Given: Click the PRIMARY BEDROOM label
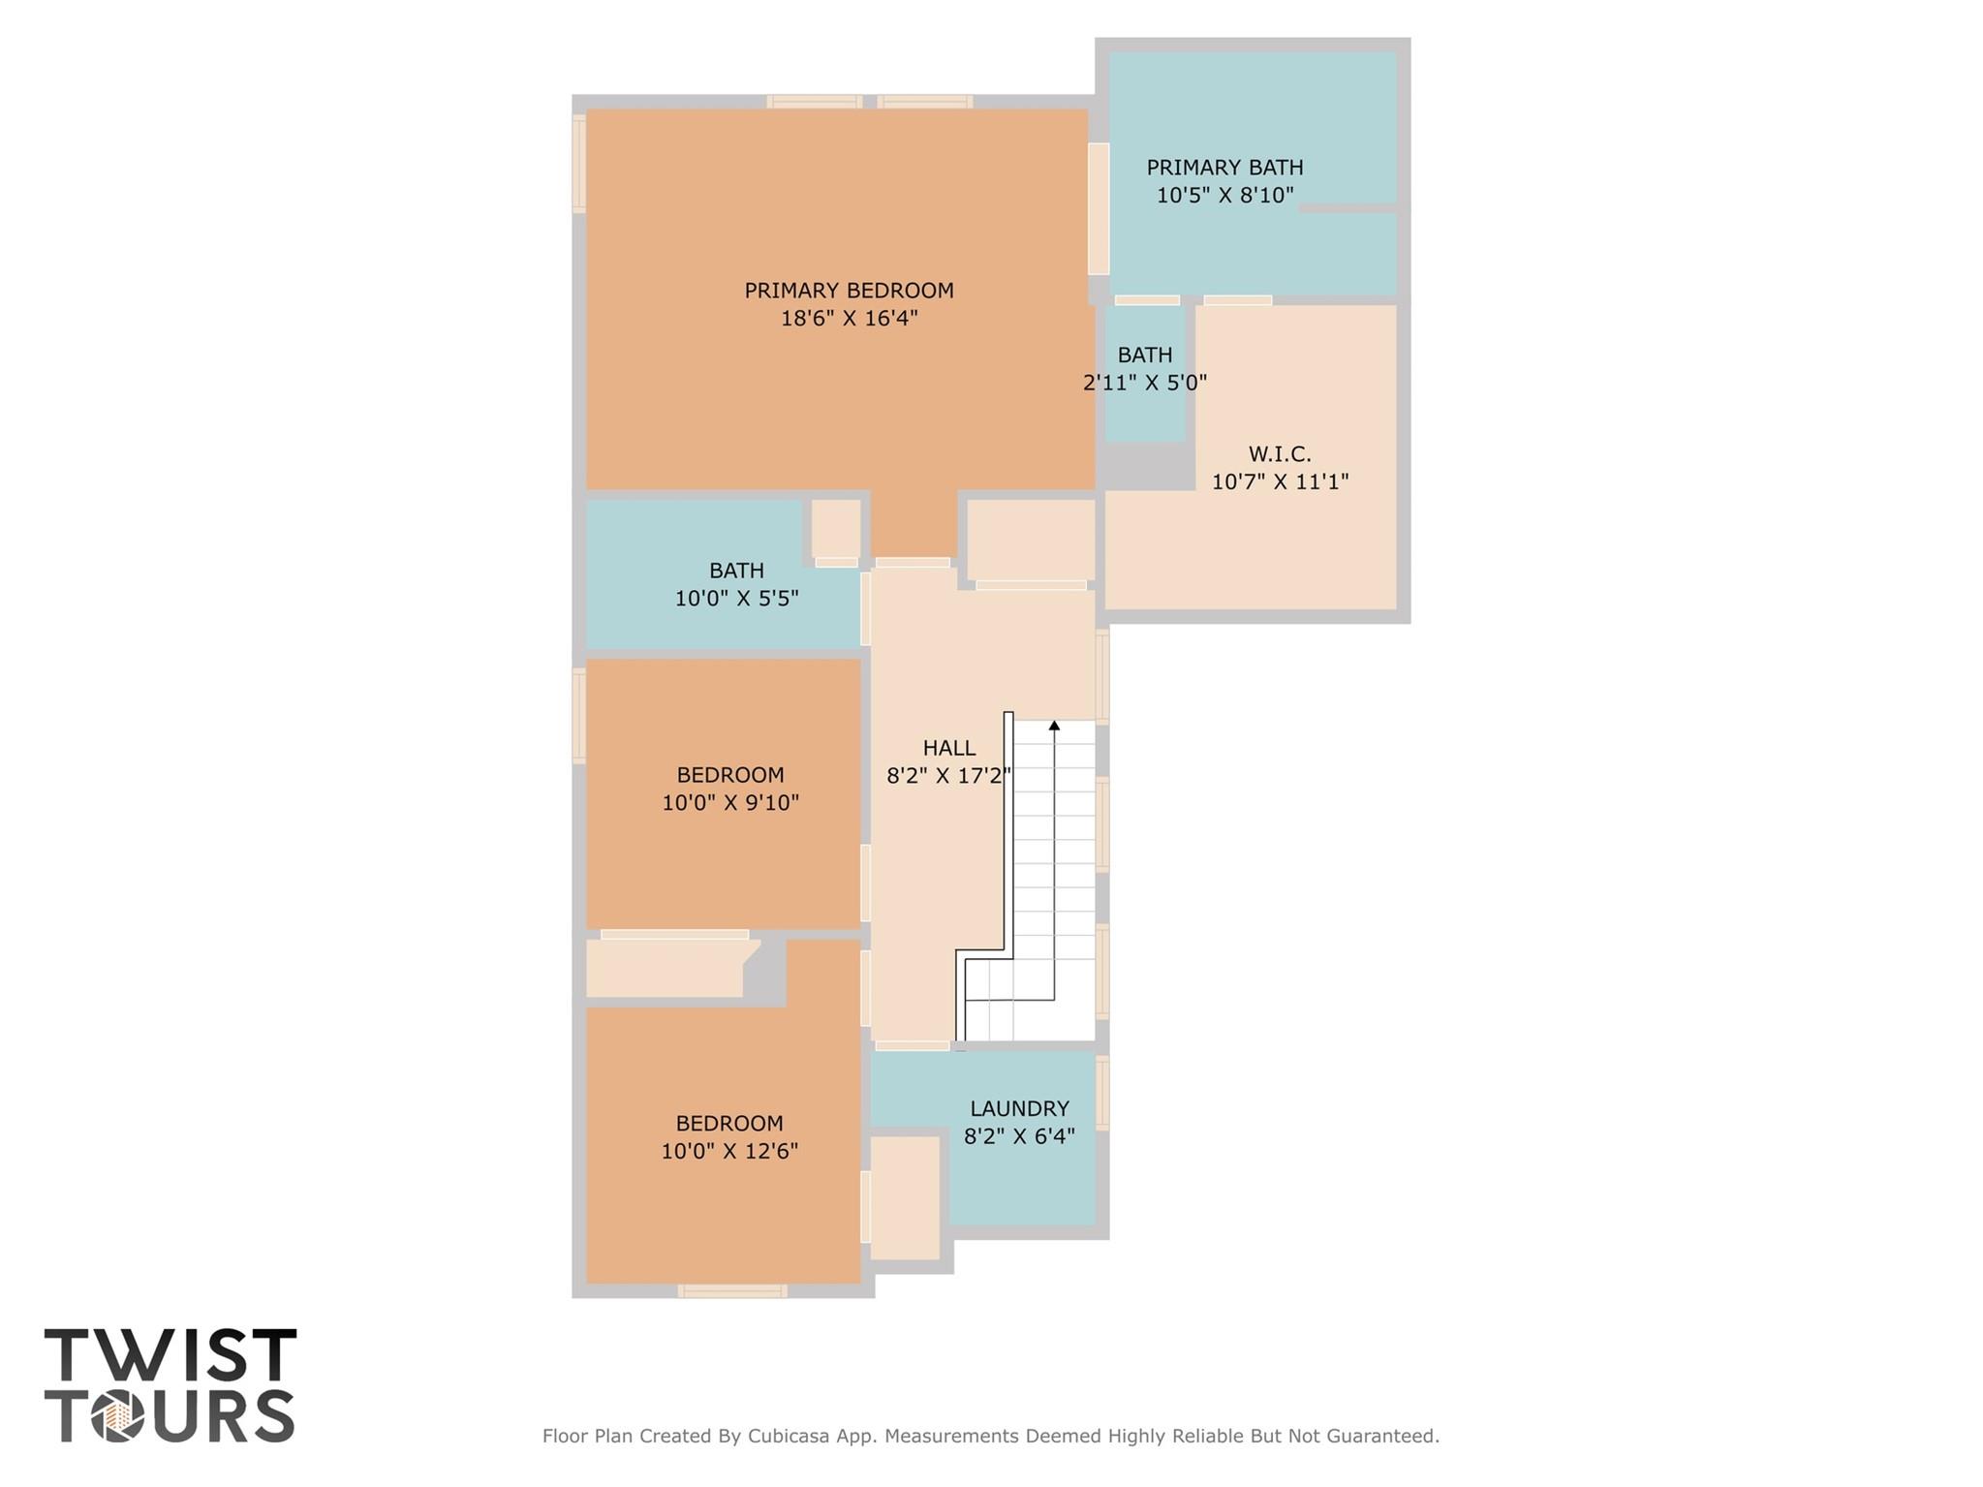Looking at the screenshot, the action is point(849,291).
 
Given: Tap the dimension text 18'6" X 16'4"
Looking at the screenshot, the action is point(849,318).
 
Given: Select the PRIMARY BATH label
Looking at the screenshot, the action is point(1224,168).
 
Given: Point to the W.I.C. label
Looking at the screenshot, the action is point(1280,454).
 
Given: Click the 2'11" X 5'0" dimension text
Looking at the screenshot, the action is point(1145,383).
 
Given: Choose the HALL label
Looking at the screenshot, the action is point(949,748).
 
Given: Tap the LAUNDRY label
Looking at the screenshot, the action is point(1019,1108).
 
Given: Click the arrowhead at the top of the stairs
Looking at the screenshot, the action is point(1054,725).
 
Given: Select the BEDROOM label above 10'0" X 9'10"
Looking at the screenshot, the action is point(730,775).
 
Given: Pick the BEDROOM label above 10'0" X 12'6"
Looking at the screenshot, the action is point(729,1124).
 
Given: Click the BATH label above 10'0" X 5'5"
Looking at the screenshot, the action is point(736,571).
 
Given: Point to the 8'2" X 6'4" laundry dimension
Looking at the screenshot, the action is point(1019,1135).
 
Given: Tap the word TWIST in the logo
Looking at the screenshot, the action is point(170,1355).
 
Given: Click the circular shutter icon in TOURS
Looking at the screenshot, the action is point(118,1416).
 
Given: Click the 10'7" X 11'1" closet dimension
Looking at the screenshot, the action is point(1280,481).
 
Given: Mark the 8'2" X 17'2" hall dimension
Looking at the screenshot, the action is point(949,775).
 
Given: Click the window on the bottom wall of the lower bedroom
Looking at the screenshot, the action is point(732,1290).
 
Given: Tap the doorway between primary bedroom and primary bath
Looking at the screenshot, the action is point(1099,208).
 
